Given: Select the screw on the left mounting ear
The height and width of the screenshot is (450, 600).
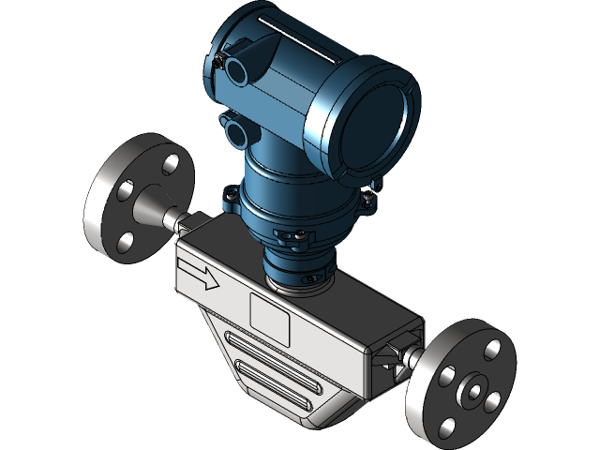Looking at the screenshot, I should [x=228, y=197].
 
